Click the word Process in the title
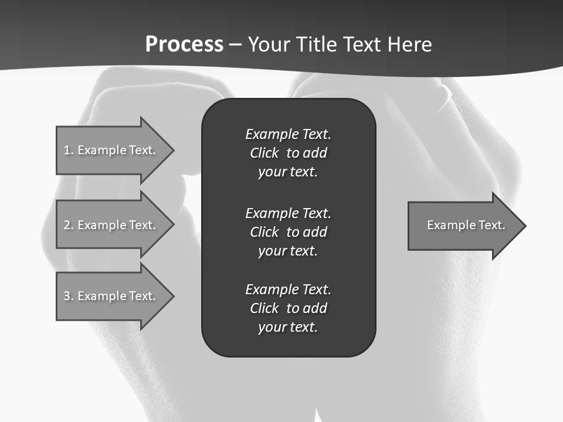pyautogui.click(x=184, y=45)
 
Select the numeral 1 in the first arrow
pyautogui.click(x=67, y=150)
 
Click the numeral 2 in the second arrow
pyautogui.click(x=67, y=225)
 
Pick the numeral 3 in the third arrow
pyautogui.click(x=67, y=296)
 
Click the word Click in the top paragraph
pyautogui.click(x=264, y=153)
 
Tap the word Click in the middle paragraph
pyautogui.click(x=264, y=232)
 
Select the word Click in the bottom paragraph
pyautogui.click(x=264, y=308)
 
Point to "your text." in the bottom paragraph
pyautogui.click(x=288, y=327)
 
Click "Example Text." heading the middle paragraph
pyautogui.click(x=288, y=213)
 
